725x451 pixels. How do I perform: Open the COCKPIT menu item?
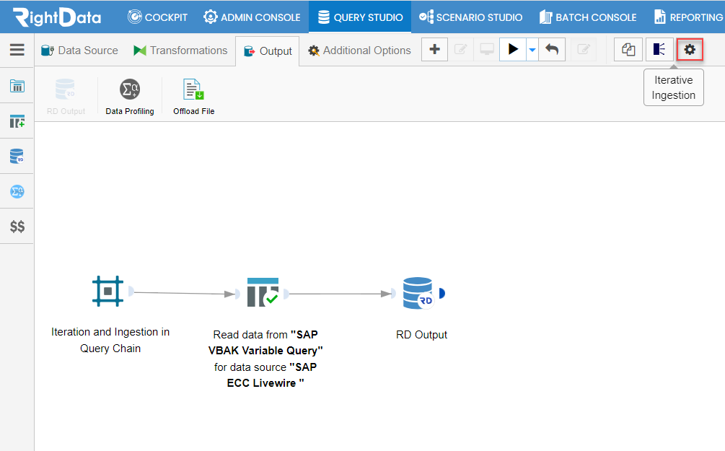coord(158,17)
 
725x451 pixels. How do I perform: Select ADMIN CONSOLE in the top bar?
coord(252,17)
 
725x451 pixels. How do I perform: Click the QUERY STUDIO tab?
coord(360,17)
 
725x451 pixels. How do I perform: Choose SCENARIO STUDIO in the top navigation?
coord(470,17)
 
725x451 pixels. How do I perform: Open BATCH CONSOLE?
coord(588,17)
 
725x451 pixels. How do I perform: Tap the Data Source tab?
coord(79,51)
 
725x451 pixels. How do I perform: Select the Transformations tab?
coord(180,51)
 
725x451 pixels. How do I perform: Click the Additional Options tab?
coord(359,51)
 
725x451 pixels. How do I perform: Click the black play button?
coord(513,49)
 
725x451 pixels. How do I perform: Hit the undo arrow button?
coord(552,49)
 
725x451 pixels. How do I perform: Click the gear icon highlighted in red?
coord(690,50)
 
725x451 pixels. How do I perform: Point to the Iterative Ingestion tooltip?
coord(674,87)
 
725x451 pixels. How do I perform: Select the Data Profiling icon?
coord(130,89)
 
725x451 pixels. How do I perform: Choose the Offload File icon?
coord(194,89)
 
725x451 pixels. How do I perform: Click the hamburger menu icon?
coord(17,50)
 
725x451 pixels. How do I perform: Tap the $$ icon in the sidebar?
coord(17,226)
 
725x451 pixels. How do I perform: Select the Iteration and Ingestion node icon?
coord(107,291)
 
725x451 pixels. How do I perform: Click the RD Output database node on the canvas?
coord(418,293)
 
